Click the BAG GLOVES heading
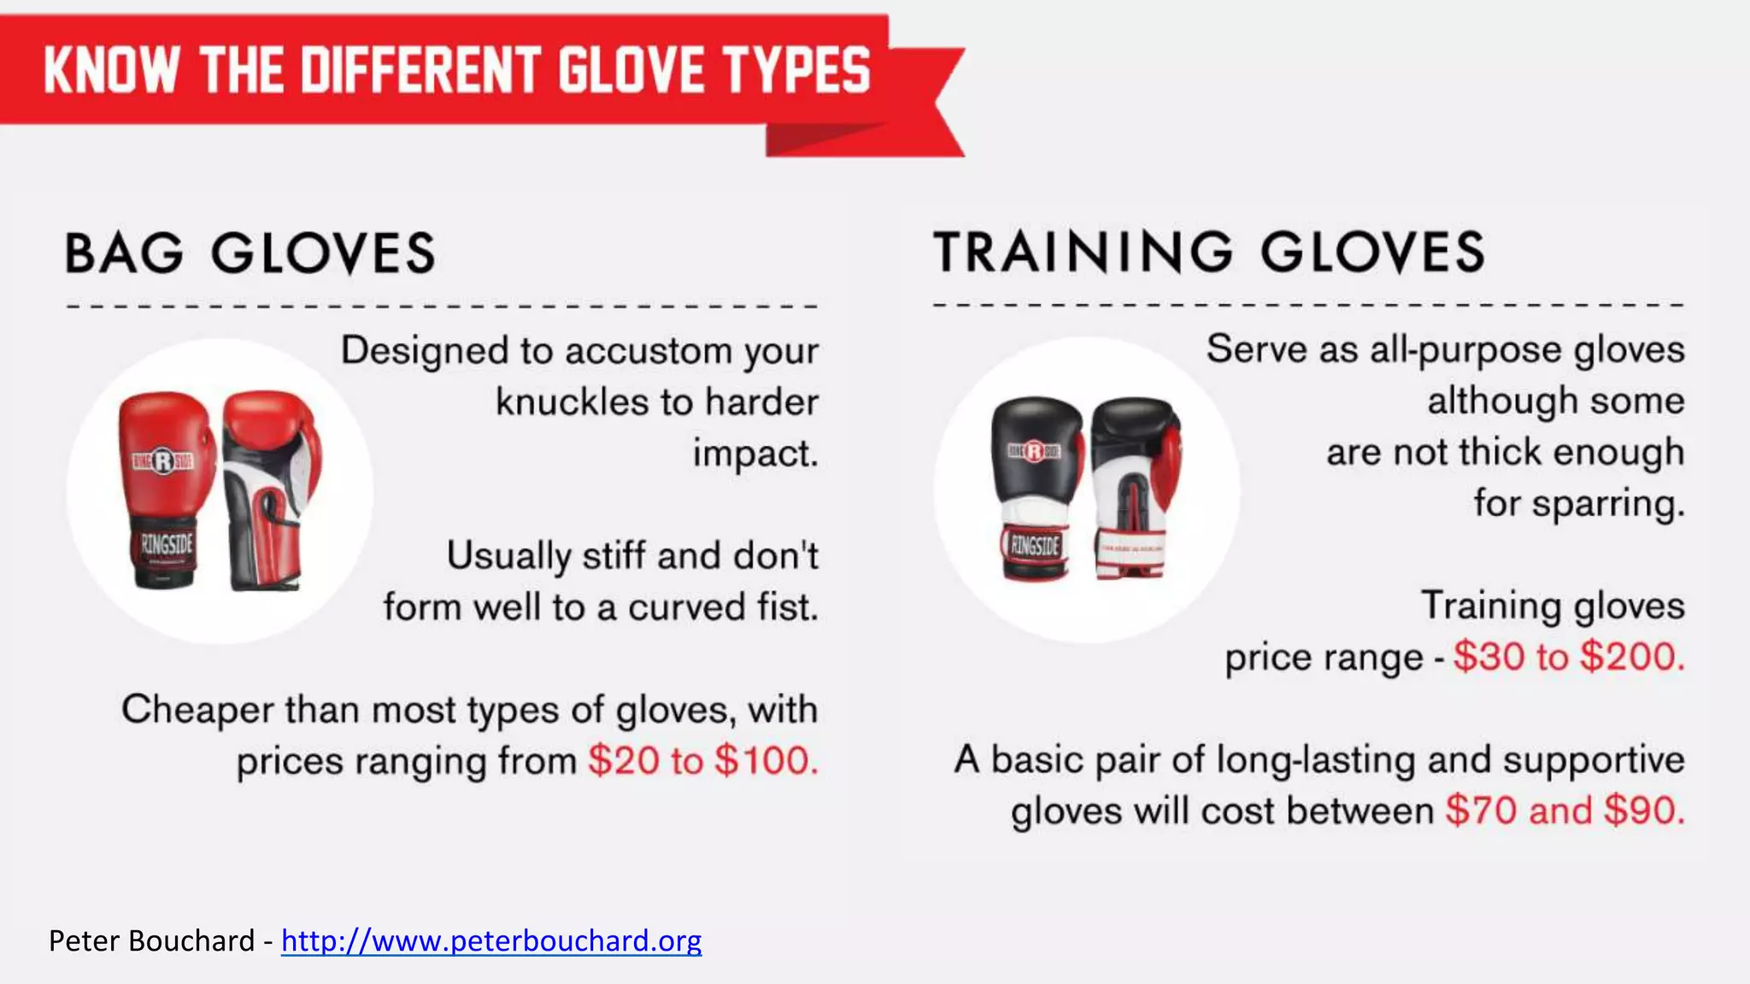[250, 254]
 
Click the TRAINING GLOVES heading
[1209, 252]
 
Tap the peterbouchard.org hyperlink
[491, 940]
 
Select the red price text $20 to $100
[702, 760]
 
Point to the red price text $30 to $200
[1568, 657]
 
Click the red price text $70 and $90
[1565, 810]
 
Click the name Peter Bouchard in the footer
[151, 940]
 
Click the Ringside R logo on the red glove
[162, 462]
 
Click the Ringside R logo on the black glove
[1034, 450]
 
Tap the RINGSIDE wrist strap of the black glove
[1035, 545]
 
